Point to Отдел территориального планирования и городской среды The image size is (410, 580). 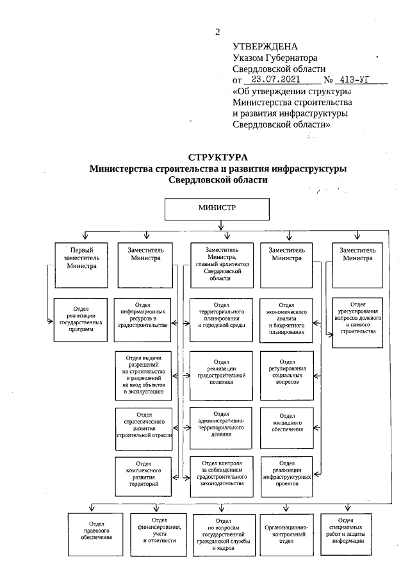[222, 319]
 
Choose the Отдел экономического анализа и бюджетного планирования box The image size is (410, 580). [287, 319]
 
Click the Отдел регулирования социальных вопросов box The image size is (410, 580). [287, 372]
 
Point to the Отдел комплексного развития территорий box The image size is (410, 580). [143, 476]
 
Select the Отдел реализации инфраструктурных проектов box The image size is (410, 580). [287, 474]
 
